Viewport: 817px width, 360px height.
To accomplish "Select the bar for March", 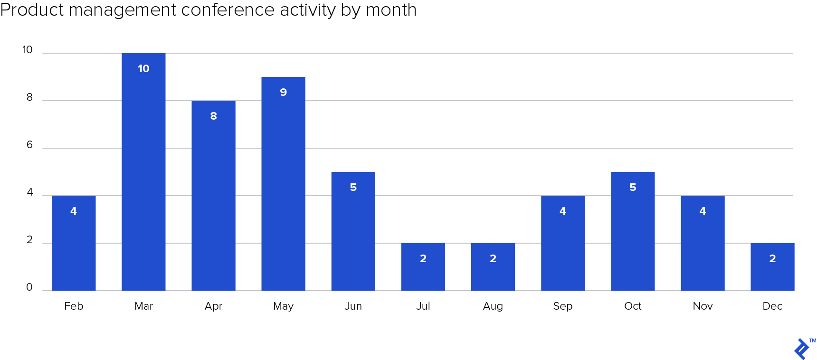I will pyautogui.click(x=143, y=180).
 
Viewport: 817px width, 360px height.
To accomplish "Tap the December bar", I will pyautogui.click(x=772, y=273).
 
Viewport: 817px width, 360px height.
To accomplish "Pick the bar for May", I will pyautogui.click(x=283, y=190).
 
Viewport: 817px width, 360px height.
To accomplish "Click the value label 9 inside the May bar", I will pyautogui.click(x=283, y=92).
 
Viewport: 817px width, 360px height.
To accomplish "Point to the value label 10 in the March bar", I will pyautogui.click(x=143, y=68).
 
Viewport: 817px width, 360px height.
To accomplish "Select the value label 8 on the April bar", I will pyautogui.click(x=213, y=116).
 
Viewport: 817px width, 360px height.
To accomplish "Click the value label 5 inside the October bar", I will pyautogui.click(x=633, y=187).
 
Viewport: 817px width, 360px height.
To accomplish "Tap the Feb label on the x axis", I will pyautogui.click(x=74, y=306).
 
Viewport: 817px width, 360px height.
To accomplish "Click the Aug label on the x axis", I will pyautogui.click(x=493, y=306).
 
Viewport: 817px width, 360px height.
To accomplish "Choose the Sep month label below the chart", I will pyautogui.click(x=562, y=306).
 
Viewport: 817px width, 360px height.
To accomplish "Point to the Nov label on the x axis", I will pyautogui.click(x=703, y=306).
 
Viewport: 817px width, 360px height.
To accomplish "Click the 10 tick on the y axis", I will pyautogui.click(x=28, y=50).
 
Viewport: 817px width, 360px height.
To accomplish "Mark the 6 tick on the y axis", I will pyautogui.click(x=29, y=145).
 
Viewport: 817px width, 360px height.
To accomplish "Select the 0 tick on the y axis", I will pyautogui.click(x=29, y=287).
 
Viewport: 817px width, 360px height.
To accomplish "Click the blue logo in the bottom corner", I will pyautogui.click(x=802, y=349).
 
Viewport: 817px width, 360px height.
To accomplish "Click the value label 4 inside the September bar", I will pyautogui.click(x=562, y=211).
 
